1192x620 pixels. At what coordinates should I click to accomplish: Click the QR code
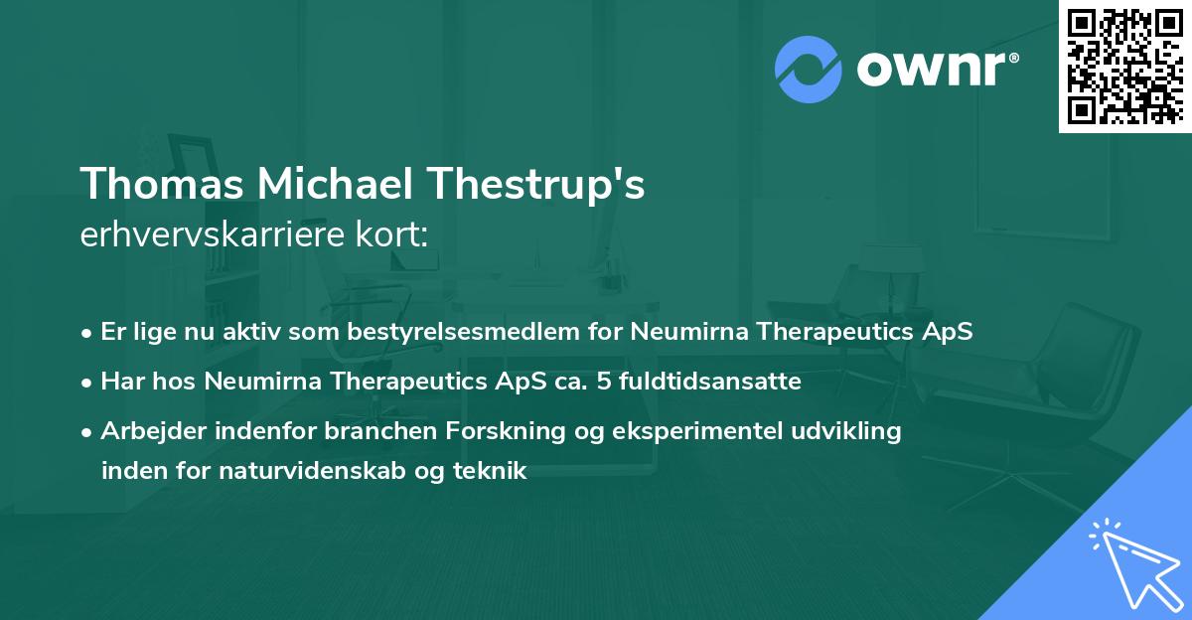(x=1124, y=66)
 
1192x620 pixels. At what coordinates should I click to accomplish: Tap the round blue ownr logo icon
(x=809, y=69)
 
